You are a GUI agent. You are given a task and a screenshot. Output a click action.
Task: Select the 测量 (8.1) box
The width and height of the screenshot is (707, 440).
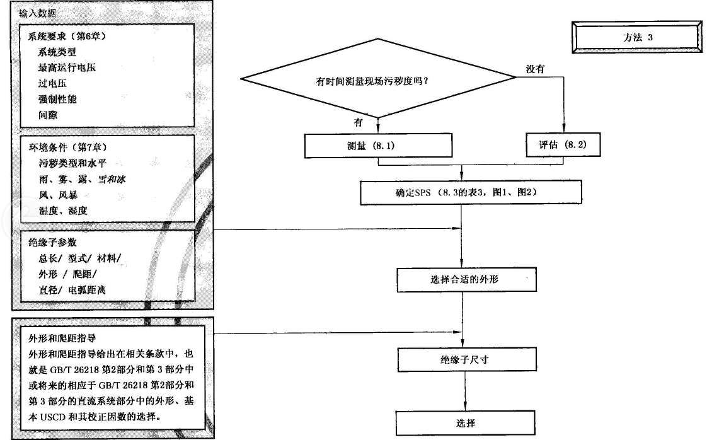tap(378, 146)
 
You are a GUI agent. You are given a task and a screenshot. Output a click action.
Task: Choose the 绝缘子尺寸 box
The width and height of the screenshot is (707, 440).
tap(466, 361)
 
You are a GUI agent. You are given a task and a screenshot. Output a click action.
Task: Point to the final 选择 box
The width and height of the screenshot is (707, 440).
tap(466, 422)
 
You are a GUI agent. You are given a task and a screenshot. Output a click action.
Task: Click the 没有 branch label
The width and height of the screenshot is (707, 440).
tap(536, 69)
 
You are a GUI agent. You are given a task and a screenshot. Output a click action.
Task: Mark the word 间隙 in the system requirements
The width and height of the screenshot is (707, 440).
tap(48, 115)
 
